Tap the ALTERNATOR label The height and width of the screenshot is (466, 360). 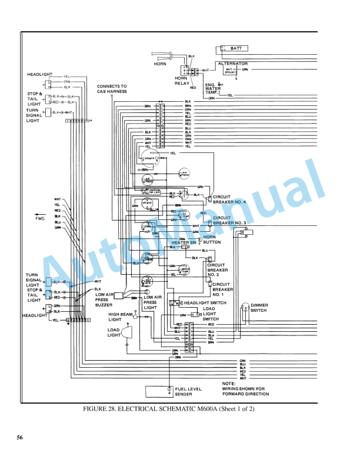pyautogui.click(x=232, y=63)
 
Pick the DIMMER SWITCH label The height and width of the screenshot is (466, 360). pyautogui.click(x=258, y=308)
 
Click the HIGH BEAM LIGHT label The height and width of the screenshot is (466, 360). pyautogui.click(x=121, y=317)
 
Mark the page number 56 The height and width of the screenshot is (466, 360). pyautogui.click(x=19, y=438)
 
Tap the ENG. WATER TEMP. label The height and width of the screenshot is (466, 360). pyautogui.click(x=212, y=89)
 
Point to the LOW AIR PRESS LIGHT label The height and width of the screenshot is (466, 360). pyautogui.click(x=151, y=302)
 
